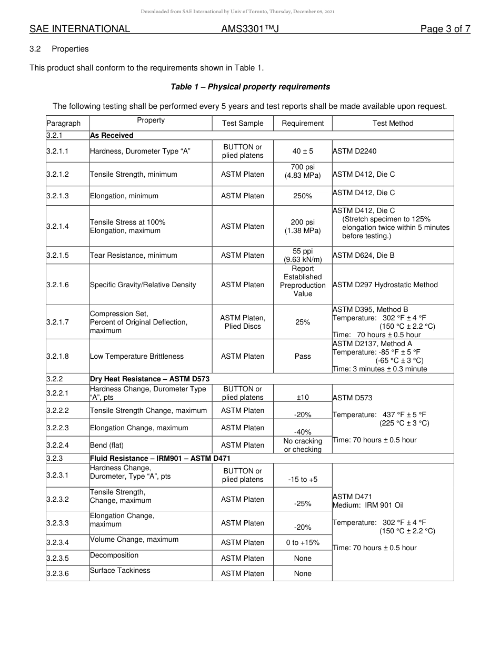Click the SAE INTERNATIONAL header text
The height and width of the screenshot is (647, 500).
click(79, 29)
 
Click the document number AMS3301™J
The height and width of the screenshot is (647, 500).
click(250, 29)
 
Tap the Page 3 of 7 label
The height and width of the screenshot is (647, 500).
click(445, 29)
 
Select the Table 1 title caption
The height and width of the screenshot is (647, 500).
click(250, 87)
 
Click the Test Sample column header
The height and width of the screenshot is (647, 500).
click(243, 123)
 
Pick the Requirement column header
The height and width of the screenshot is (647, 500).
click(303, 123)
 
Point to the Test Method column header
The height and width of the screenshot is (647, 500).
click(393, 123)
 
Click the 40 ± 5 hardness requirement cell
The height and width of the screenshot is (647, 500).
click(303, 151)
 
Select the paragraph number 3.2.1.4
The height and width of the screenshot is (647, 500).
click(57, 226)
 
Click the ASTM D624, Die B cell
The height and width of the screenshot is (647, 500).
click(363, 255)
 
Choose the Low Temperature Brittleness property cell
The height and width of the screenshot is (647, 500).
click(137, 356)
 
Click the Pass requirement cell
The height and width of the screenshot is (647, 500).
click(303, 356)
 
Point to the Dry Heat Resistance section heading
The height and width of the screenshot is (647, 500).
click(151, 379)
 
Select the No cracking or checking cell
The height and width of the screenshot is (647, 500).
click(303, 445)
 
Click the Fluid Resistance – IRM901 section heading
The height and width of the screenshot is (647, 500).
click(160, 458)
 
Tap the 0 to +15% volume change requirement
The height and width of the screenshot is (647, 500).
click(303, 542)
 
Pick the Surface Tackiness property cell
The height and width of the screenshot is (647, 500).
click(120, 571)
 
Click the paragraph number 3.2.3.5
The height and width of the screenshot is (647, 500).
click(57, 558)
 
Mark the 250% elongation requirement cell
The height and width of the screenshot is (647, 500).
click(303, 196)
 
